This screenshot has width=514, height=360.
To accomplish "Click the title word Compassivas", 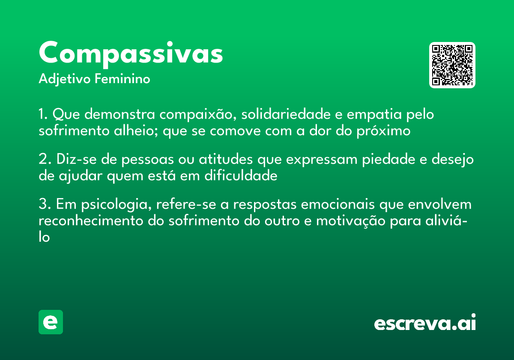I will [131, 54].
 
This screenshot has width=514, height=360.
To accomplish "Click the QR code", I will [452, 65].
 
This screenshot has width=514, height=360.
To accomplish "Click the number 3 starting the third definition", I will [42, 205].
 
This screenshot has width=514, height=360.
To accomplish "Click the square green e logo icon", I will [51, 322].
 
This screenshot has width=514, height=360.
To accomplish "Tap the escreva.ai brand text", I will [425, 323].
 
